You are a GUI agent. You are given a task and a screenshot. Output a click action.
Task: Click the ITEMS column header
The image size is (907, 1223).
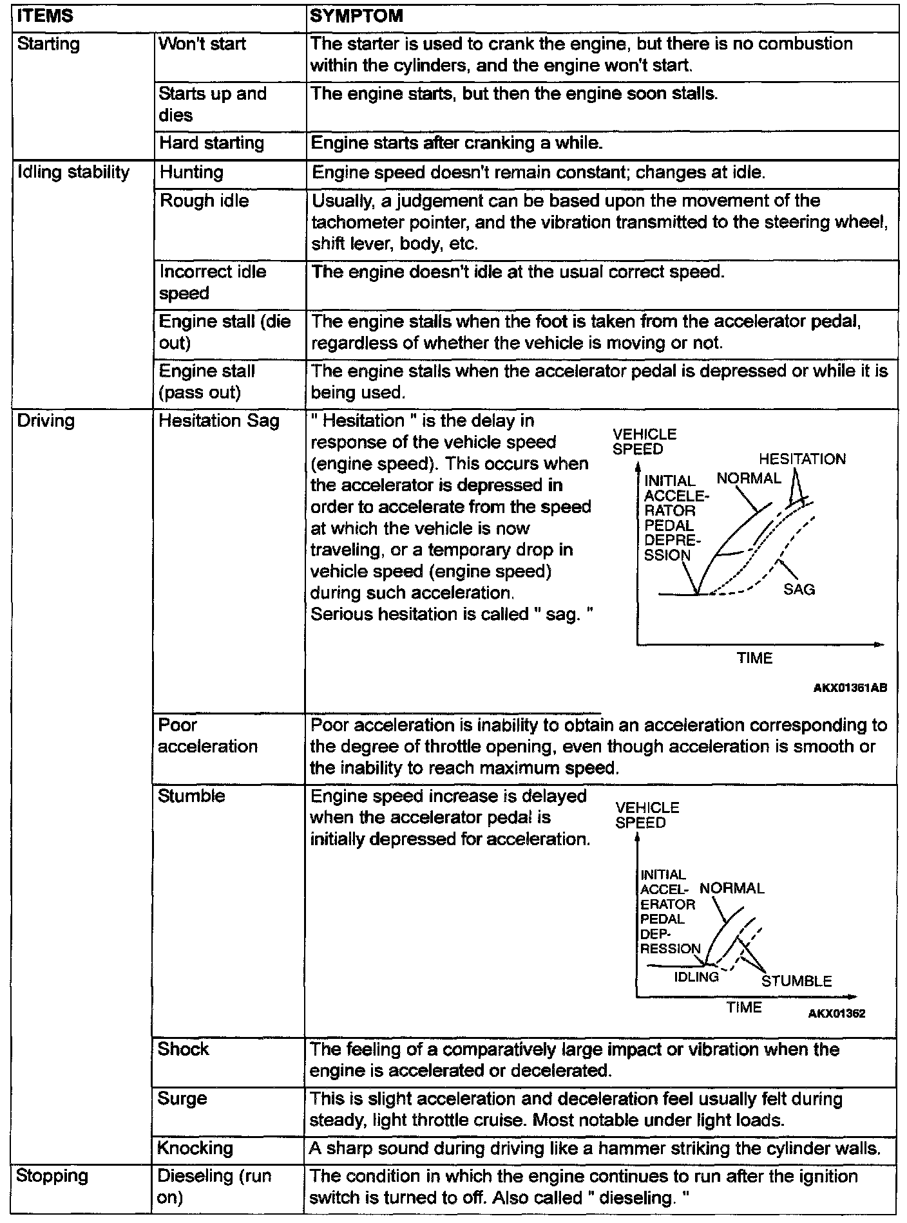pyautogui.click(x=45, y=16)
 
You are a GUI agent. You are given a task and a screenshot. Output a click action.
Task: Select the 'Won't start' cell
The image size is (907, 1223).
pyautogui.click(x=202, y=44)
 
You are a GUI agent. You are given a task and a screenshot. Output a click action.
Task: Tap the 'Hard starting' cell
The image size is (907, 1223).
pyautogui.click(x=211, y=143)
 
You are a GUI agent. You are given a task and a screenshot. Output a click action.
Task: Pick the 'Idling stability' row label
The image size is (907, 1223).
pyautogui.click(x=73, y=173)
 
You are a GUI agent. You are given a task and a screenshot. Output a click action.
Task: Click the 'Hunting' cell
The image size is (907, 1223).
pyautogui.click(x=191, y=173)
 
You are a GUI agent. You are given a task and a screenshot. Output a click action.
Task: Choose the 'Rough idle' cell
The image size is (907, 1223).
pyautogui.click(x=204, y=201)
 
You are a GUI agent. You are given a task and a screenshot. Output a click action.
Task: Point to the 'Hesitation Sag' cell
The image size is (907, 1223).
pyautogui.click(x=219, y=421)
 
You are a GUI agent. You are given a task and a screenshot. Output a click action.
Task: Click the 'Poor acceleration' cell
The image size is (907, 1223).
pyautogui.click(x=207, y=736)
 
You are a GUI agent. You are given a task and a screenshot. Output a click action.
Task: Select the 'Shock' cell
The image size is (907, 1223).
pyautogui.click(x=183, y=1049)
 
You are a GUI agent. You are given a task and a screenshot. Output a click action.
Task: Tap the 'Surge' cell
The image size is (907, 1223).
pyautogui.click(x=182, y=1098)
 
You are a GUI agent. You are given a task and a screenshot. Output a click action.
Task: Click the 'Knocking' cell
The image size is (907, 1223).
pyautogui.click(x=195, y=1148)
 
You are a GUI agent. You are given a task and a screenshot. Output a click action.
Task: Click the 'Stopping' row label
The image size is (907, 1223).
pyautogui.click(x=52, y=1176)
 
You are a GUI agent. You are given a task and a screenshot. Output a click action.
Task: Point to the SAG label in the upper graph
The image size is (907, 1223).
pyautogui.click(x=799, y=589)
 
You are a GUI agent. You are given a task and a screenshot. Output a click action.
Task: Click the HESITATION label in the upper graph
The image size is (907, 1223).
pyautogui.click(x=802, y=459)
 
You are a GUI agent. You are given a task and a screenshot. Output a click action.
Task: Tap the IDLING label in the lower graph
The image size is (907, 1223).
pyautogui.click(x=696, y=977)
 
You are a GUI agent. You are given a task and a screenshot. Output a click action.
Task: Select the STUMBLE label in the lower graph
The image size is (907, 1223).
pyautogui.click(x=796, y=982)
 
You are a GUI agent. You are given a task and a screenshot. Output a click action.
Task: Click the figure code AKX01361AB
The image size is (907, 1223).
pyautogui.click(x=850, y=688)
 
